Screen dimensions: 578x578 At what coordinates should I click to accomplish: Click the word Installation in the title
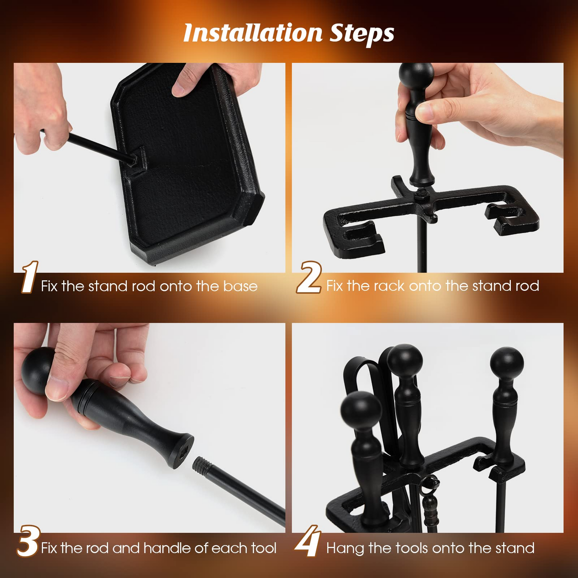(x=253, y=33)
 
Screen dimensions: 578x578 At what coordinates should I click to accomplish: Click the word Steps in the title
(x=362, y=34)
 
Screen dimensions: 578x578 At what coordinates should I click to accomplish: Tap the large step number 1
(x=30, y=277)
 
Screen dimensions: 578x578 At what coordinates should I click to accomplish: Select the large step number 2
(x=309, y=277)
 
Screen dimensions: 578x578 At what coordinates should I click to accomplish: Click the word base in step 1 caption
(x=240, y=286)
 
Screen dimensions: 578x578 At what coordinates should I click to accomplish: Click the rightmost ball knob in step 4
(x=507, y=364)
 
